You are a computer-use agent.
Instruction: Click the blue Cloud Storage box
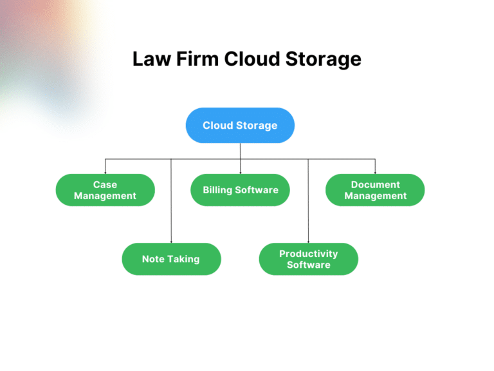point(240,125)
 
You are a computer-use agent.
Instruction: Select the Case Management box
point(105,190)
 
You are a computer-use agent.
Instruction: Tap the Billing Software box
point(241,190)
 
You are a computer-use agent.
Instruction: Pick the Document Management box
point(375,190)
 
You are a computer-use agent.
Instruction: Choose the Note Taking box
point(171,259)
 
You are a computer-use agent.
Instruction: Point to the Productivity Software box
point(308,259)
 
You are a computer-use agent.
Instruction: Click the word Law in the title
point(149,59)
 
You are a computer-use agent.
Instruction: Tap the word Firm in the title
point(194,59)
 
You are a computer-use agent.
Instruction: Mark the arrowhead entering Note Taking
point(171,242)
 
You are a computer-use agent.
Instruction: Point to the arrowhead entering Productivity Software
point(308,242)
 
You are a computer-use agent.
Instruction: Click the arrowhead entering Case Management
point(105,173)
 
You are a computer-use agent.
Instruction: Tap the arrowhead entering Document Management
point(375,173)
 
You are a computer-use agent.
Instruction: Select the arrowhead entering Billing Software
point(241,173)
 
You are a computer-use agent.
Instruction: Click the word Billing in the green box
point(217,190)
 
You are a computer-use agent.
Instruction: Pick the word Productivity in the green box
point(308,254)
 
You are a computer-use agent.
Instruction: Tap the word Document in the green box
point(375,185)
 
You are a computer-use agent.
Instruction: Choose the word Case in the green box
point(105,185)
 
